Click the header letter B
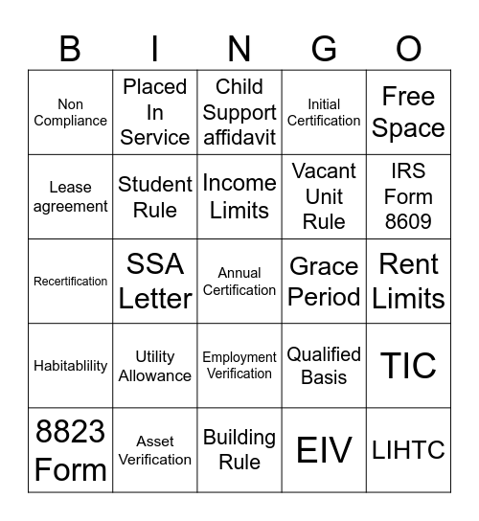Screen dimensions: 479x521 point(71,48)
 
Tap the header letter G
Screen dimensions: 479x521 point(324,48)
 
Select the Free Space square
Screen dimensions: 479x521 point(408,112)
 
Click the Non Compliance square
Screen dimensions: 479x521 point(71,112)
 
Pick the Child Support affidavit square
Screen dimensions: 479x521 point(239,112)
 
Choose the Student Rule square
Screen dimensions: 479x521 point(155,196)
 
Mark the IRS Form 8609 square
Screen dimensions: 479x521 point(408,196)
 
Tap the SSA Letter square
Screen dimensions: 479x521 point(155,281)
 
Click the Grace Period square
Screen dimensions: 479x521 point(324,281)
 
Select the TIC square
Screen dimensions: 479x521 point(408,365)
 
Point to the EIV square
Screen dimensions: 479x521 point(324,449)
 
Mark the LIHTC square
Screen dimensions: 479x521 point(408,449)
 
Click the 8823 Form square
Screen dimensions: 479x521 point(71,449)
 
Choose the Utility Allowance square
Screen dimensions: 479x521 point(155,365)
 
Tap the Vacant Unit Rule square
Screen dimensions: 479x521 point(324,196)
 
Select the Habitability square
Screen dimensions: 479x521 point(71,365)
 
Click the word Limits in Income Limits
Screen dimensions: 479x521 point(239,210)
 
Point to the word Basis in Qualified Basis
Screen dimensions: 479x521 point(324,376)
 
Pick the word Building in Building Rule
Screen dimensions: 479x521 point(239,437)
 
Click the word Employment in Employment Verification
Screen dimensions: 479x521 point(239,357)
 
